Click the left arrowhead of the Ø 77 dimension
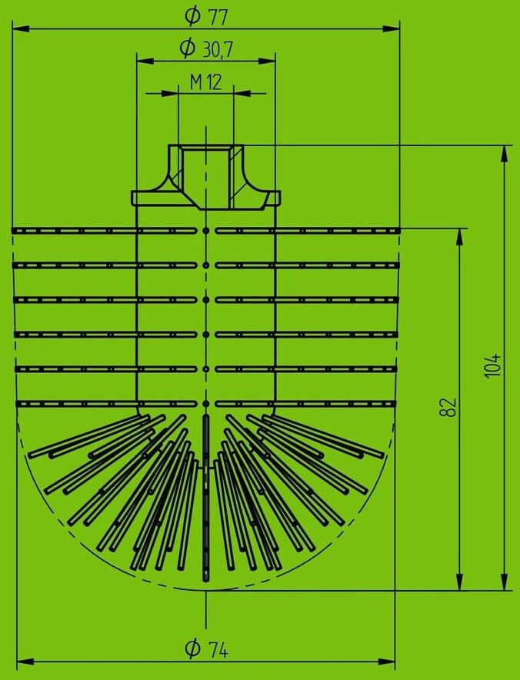click(x=20, y=29)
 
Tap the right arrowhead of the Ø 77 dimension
click(x=395, y=29)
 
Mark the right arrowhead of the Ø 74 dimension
click(x=390, y=661)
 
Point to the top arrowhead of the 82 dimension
click(x=461, y=234)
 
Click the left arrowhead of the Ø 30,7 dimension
click(x=142, y=61)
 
